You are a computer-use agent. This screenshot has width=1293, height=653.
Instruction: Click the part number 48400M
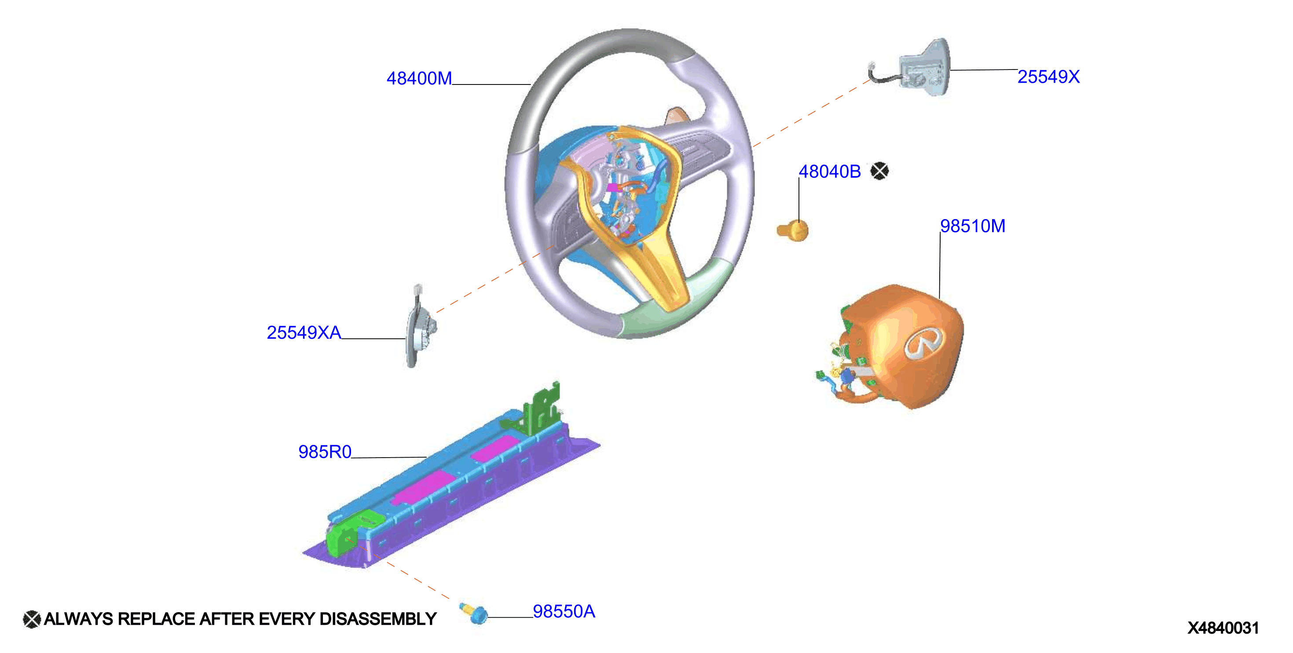tap(419, 78)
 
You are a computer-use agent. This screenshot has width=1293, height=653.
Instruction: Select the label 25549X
tap(1048, 77)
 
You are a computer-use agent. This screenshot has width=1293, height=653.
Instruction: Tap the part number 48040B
tap(830, 172)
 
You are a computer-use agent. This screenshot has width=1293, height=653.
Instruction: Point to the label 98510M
tap(973, 226)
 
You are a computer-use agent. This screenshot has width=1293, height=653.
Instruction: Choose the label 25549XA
tap(304, 332)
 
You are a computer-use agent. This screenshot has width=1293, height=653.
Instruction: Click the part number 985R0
tap(325, 452)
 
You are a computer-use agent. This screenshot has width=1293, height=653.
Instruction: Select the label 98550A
tap(564, 611)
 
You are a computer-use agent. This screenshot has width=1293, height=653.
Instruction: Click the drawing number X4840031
tap(1223, 628)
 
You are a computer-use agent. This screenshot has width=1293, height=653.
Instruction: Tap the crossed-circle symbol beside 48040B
tap(879, 171)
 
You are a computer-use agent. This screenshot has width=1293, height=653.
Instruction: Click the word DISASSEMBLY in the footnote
tap(378, 619)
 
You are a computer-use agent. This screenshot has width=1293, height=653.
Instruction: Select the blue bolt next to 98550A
tap(474, 613)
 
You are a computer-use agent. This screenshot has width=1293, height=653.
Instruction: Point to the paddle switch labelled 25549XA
tap(419, 326)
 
